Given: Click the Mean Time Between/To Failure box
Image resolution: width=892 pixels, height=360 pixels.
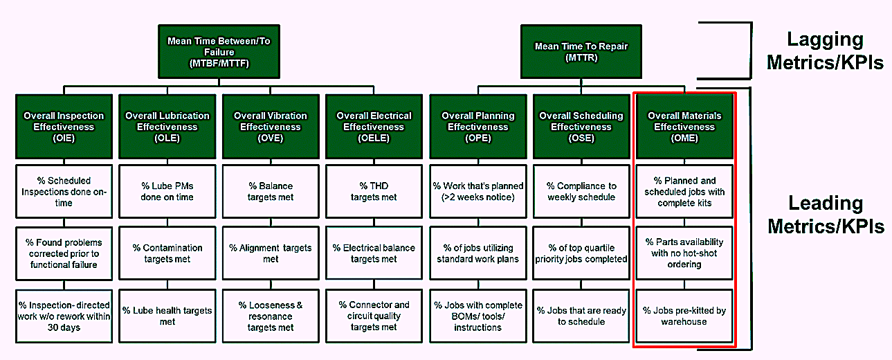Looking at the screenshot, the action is [219, 52].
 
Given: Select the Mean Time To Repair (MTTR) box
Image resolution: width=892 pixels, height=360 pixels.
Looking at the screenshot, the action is [581, 52].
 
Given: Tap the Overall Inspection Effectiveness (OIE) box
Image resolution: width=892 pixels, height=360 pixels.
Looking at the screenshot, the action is [64, 127].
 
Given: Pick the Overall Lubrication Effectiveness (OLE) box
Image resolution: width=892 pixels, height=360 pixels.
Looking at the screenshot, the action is [167, 127].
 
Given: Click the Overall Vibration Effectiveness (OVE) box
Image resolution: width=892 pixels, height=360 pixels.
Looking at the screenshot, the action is [271, 127].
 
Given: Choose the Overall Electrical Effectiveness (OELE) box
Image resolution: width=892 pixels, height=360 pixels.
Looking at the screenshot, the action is [374, 127].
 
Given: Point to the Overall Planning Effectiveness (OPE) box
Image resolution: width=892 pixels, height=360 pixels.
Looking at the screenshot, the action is [478, 127].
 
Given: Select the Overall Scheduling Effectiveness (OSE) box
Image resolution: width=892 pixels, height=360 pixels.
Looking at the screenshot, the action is [581, 127].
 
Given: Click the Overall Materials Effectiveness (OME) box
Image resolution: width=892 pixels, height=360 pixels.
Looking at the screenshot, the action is [684, 127].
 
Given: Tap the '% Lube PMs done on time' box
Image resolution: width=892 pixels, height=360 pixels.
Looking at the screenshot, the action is [167, 192].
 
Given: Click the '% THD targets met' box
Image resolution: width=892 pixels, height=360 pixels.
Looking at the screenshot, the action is [374, 192].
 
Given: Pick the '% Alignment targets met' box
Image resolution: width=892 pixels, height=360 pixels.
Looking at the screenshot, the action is [271, 253].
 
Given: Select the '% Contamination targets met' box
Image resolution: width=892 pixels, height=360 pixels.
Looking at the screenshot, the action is [167, 253].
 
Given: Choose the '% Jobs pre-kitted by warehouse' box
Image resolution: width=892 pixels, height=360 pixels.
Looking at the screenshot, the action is [684, 316].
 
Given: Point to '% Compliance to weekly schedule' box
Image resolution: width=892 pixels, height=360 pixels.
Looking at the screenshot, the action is [581, 192].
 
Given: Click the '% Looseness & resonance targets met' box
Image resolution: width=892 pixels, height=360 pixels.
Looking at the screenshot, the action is [271, 316].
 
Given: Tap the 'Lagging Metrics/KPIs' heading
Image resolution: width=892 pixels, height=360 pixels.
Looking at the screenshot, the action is [825, 51].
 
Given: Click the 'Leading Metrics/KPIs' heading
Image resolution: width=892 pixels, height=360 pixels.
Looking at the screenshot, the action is [826, 215].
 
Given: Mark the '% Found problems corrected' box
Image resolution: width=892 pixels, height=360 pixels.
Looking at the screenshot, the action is [64, 253].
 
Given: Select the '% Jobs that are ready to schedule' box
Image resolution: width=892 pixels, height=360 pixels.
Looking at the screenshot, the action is [581, 316].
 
